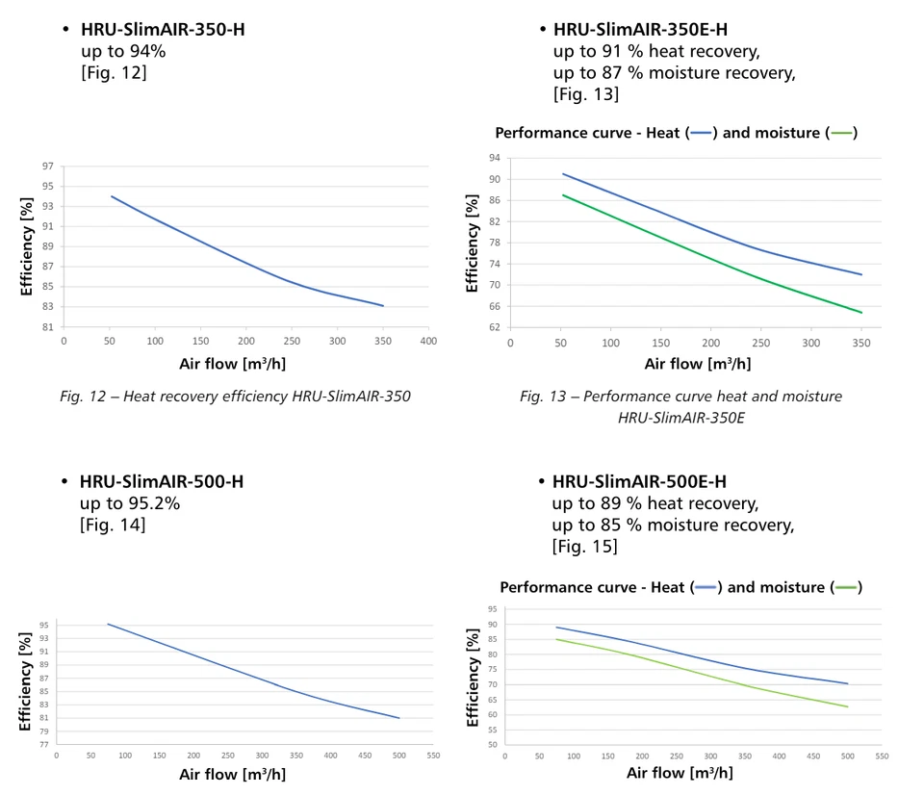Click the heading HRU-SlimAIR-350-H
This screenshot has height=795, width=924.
click(x=162, y=29)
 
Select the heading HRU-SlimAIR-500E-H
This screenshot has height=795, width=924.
click(x=639, y=481)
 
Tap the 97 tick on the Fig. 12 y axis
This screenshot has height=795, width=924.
click(x=47, y=167)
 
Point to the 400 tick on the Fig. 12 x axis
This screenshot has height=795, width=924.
click(x=428, y=341)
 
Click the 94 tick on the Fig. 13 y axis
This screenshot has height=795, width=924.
click(x=494, y=158)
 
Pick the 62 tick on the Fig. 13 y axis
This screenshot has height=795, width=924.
click(x=494, y=327)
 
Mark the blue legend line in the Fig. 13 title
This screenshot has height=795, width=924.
click(x=701, y=133)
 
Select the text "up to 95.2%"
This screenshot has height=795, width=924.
click(x=130, y=503)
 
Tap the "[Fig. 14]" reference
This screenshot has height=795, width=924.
click(x=113, y=525)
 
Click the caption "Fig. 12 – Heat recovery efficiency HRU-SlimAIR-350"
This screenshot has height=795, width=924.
click(x=235, y=396)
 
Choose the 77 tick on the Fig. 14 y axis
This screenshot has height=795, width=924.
click(x=44, y=744)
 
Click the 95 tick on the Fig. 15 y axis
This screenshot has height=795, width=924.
click(x=493, y=609)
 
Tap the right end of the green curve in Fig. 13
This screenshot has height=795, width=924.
click(x=861, y=312)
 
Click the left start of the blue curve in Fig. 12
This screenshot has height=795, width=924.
click(x=112, y=196)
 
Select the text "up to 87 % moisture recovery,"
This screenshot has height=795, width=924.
click(x=674, y=73)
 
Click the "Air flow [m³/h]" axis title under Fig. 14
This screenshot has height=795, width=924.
click(x=232, y=774)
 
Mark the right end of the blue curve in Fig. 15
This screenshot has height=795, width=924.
click(x=848, y=683)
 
